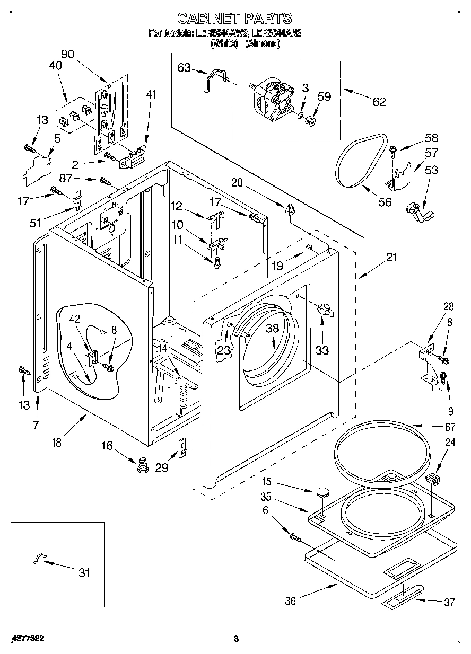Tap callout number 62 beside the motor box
[379, 102]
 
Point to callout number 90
[67, 54]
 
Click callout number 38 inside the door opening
[272, 328]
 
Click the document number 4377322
[27, 639]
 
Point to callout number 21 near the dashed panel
[391, 258]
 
